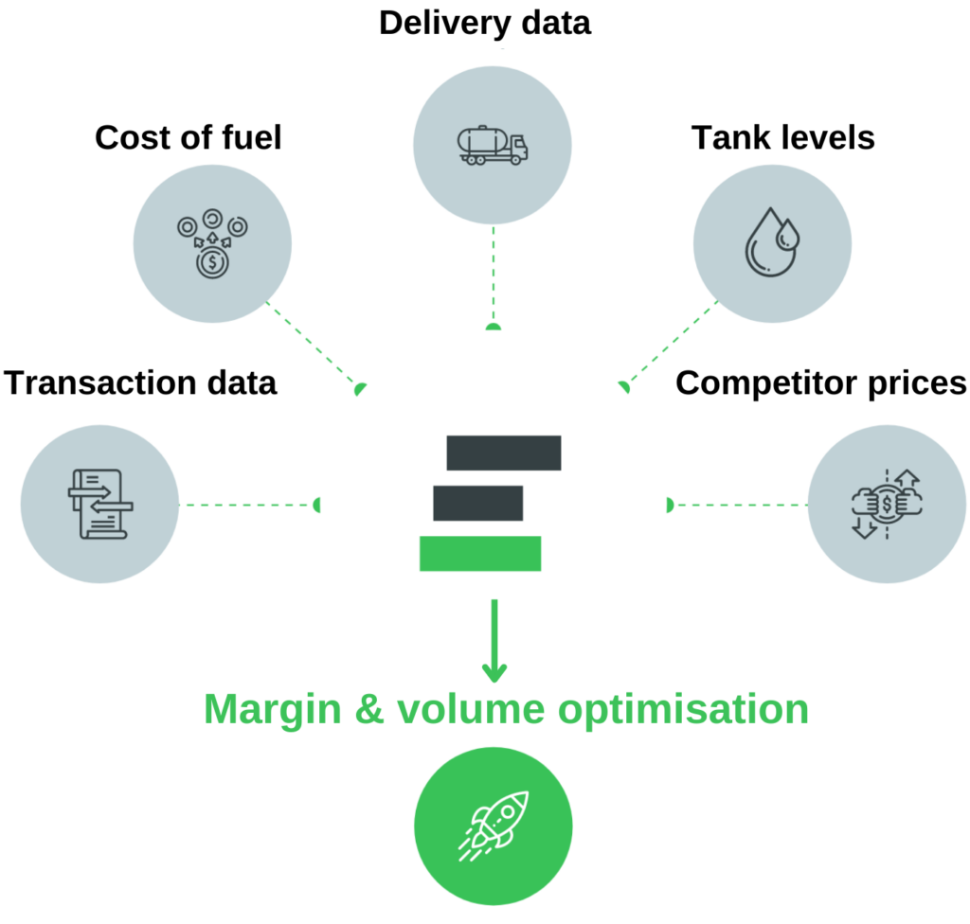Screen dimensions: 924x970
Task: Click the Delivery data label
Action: [x=484, y=23]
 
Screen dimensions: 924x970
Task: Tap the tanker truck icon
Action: [x=493, y=145]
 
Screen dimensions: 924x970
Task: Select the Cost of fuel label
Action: [x=189, y=138]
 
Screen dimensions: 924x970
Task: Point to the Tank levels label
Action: [x=782, y=138]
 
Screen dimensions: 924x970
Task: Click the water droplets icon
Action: [x=771, y=241]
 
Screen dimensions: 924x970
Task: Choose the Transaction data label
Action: [x=140, y=383]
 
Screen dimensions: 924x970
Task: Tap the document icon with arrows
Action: [x=99, y=505]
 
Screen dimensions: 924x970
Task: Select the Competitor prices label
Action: [x=820, y=383]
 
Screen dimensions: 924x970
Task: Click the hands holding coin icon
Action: [x=887, y=504]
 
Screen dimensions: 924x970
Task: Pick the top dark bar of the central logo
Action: [x=504, y=453]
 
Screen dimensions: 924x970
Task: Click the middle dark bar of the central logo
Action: [x=478, y=503]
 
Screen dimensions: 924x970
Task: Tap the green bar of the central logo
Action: [x=480, y=553]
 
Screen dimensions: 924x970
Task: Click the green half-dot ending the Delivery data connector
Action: [x=493, y=327]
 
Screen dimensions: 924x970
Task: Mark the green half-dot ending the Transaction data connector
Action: [x=317, y=505]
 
